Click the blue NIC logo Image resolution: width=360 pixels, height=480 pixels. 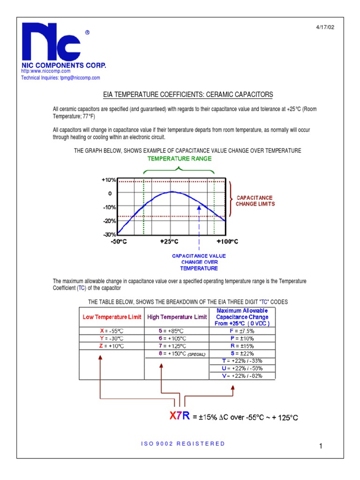pyautogui.click(x=53, y=43)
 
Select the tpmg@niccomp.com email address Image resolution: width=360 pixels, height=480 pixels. pyautogui.click(x=80, y=78)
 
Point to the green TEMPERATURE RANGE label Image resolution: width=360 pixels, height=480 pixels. pyautogui.click(x=180, y=158)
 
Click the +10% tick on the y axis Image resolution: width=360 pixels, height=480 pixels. pyautogui.click(x=109, y=180)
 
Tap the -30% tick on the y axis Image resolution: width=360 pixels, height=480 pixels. pyautogui.click(x=109, y=234)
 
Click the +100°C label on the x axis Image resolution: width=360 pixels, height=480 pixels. pyautogui.click(x=227, y=241)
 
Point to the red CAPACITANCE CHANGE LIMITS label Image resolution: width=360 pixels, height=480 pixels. pyautogui.click(x=255, y=201)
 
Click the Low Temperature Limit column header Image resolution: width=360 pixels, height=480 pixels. pyautogui.click(x=112, y=317)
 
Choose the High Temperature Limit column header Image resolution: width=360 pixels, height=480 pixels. pyautogui.click(x=177, y=317)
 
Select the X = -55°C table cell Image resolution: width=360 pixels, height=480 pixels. pyautogui.click(x=112, y=330)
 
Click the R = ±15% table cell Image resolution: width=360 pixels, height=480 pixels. pyautogui.click(x=242, y=345)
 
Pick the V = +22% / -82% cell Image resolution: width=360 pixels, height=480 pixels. pyautogui.click(x=242, y=375)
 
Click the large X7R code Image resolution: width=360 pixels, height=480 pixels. pyautogui.click(x=179, y=415)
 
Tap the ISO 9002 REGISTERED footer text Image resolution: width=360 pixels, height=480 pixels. pyautogui.click(x=183, y=443)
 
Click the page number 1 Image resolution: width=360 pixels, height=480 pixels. pyautogui.click(x=322, y=447)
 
